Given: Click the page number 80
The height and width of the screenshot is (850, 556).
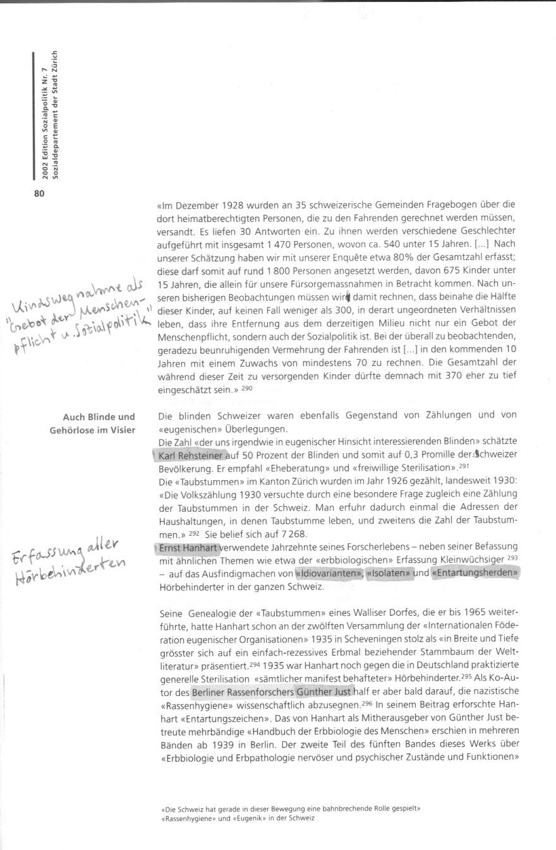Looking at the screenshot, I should (x=39, y=194).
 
